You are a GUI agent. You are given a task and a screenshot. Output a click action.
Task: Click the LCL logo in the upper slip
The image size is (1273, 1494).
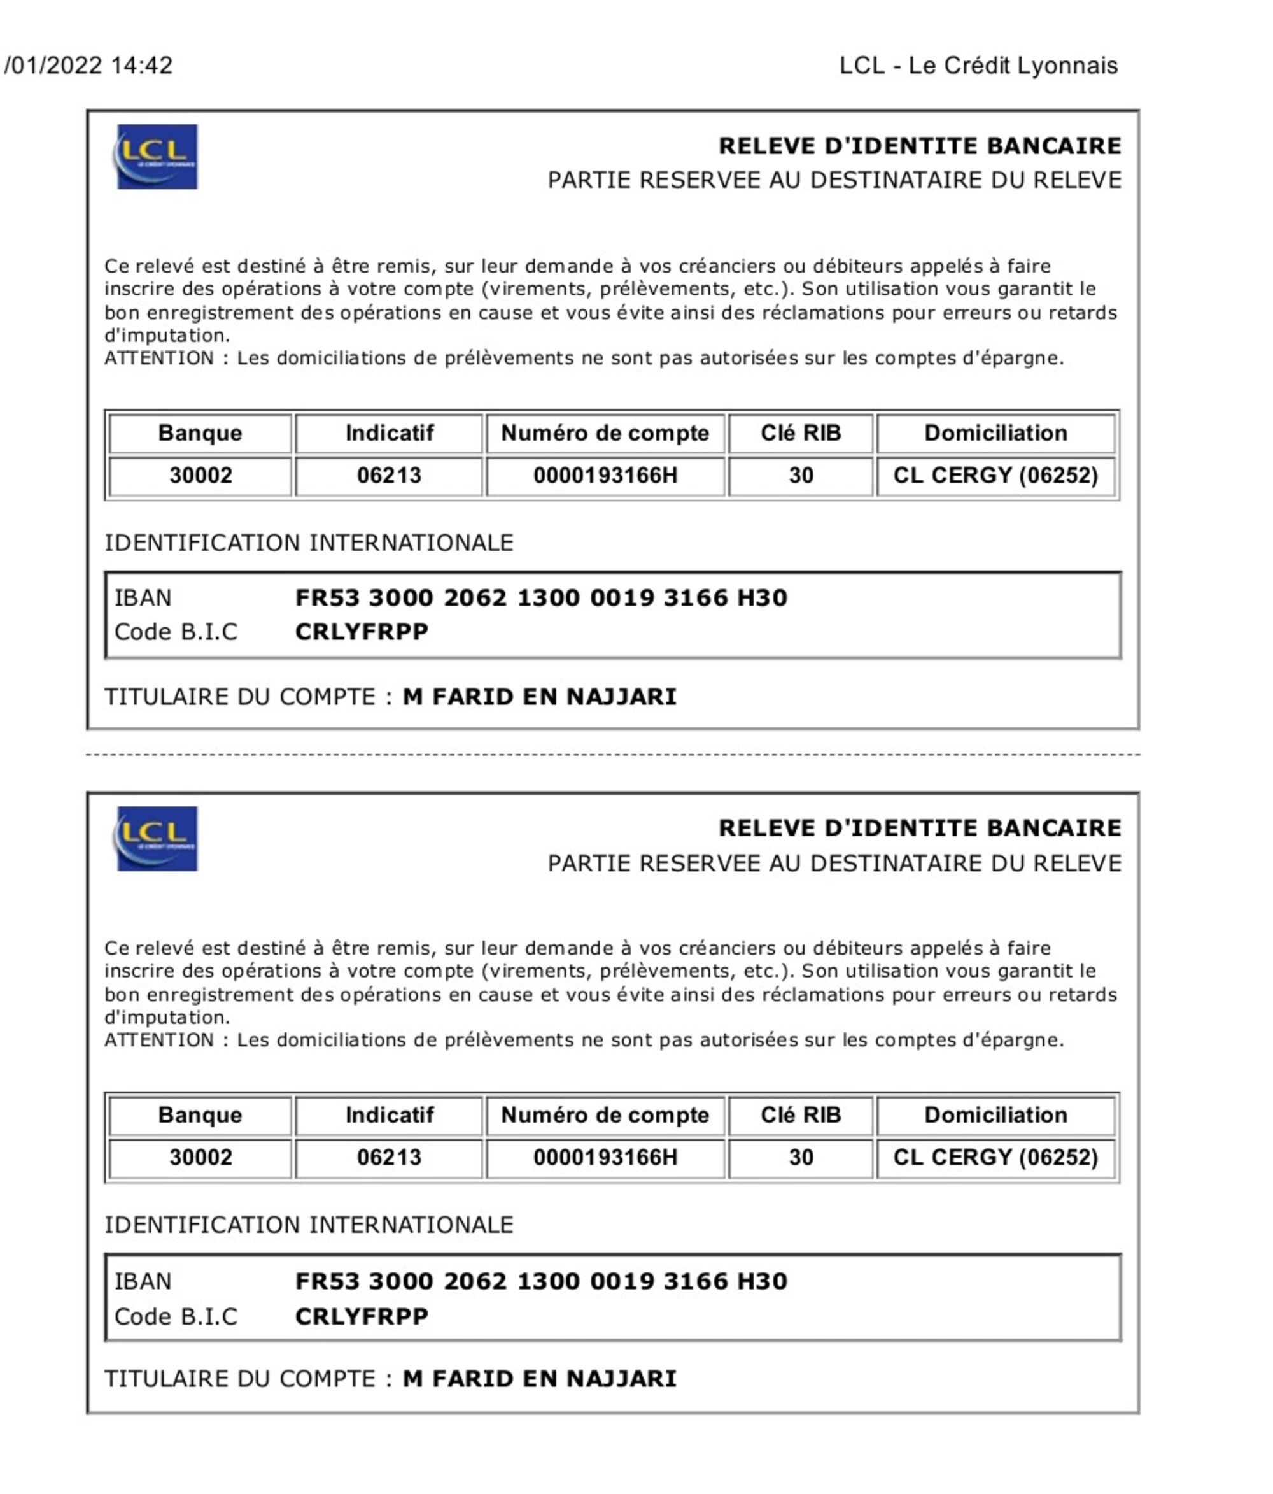coord(156,157)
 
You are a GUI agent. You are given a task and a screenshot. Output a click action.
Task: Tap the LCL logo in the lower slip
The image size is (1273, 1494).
coord(156,838)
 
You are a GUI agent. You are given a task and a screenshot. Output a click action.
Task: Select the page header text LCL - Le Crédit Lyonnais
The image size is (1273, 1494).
coord(978,66)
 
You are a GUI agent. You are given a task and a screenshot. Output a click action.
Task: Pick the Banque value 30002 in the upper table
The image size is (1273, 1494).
coord(200,475)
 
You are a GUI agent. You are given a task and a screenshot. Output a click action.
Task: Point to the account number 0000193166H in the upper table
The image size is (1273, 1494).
coord(605,475)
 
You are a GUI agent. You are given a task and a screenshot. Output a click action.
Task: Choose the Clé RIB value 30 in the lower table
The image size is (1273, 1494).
coord(800,1156)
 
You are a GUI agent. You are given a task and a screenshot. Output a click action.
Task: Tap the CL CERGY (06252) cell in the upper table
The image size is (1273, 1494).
coord(995,475)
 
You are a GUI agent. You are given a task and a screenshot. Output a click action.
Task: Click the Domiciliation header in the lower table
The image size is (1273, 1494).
coord(995,1114)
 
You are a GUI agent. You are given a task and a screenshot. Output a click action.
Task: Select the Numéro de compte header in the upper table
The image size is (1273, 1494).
coord(605,432)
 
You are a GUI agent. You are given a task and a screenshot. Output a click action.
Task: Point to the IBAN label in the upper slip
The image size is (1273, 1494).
coord(143,598)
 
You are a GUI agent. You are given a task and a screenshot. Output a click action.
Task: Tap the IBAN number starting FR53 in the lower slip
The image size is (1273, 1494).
coord(540,1281)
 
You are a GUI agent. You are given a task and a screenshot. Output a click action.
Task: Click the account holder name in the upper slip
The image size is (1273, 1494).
coord(539,697)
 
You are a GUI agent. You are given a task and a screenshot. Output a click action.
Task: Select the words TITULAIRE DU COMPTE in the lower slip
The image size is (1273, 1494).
coord(240,1379)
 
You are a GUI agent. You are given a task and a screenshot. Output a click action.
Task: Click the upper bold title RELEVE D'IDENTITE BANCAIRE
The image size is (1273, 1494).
coord(919,146)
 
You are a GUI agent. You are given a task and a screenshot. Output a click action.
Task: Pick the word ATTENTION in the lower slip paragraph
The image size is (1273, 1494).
coord(158,1040)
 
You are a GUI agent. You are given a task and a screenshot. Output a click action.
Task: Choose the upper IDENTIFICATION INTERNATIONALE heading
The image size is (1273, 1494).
coord(309,542)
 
